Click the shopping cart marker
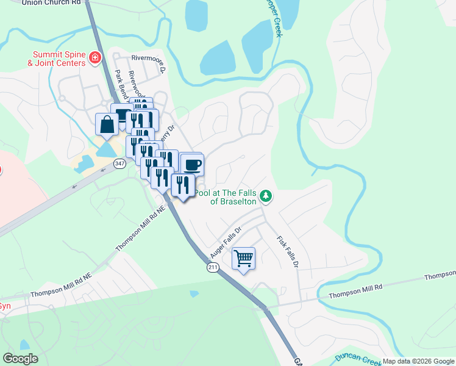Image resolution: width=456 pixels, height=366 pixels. tap(243, 259)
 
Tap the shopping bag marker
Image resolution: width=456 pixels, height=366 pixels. tap(107, 125)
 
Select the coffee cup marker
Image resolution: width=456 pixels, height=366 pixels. tap(193, 164)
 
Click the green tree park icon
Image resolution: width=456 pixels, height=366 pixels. tap(265, 196)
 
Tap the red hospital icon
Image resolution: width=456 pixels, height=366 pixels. tap(94, 58)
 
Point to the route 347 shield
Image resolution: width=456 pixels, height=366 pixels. tap(119, 163)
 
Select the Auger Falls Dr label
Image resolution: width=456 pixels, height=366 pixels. tap(226, 242)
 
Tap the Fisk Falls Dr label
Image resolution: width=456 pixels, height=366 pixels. tap(287, 252)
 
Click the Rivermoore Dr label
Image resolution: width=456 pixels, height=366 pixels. tap(149, 60)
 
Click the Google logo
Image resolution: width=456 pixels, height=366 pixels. tap(20, 358)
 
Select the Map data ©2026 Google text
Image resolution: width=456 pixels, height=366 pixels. tap(418, 361)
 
